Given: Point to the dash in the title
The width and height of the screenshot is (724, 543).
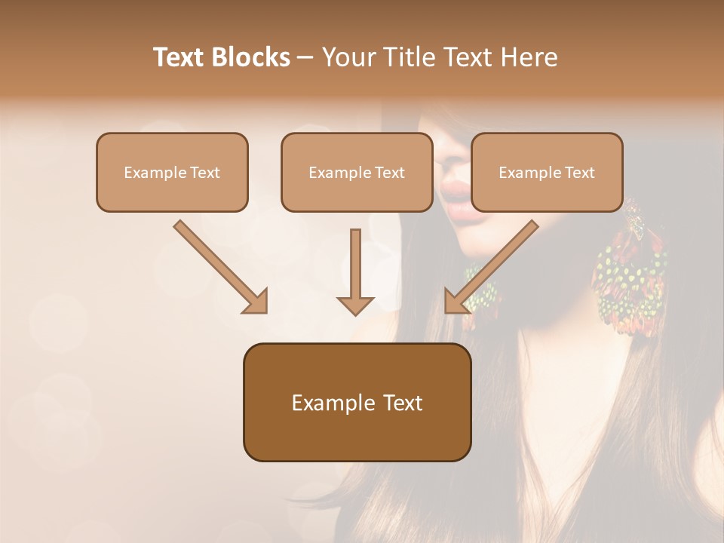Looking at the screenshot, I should click(305, 58).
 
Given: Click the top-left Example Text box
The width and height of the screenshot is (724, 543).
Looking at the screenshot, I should click(172, 172).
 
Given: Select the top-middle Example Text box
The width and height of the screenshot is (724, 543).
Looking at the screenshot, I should click(357, 172).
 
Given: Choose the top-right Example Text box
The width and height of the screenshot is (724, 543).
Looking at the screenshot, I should click(547, 172).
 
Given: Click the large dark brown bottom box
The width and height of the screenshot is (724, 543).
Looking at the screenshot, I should click(357, 402).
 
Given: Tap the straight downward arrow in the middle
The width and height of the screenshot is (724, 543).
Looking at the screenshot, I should click(355, 268).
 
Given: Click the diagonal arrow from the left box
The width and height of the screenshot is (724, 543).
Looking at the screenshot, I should click(219, 266).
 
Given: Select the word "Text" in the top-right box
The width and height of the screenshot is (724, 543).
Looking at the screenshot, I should click(579, 173).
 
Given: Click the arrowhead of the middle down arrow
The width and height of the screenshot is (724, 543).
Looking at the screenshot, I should click(355, 305).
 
